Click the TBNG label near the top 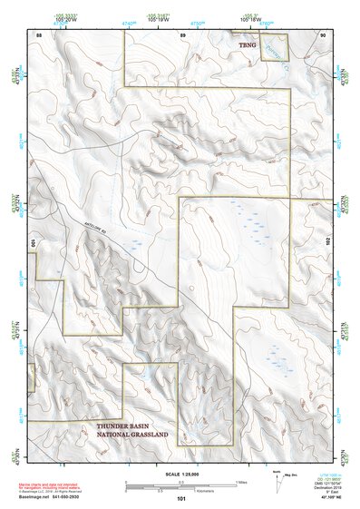[248, 44]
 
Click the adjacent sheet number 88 [39, 34]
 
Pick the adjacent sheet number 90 [322, 34]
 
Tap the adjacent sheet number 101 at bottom [180, 498]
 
